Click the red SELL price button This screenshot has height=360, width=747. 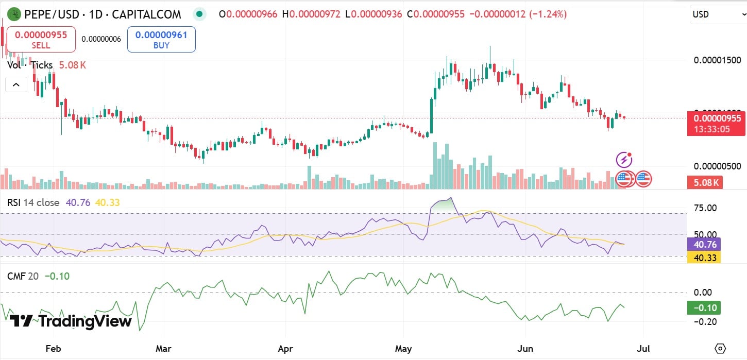click(41, 40)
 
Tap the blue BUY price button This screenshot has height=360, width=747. click(161, 40)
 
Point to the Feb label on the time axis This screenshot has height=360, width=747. click(53, 349)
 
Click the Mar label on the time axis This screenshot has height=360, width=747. click(163, 349)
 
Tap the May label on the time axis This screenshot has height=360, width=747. click(403, 349)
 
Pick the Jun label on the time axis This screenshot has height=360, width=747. click(525, 349)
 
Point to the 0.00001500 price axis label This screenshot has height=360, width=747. click(717, 60)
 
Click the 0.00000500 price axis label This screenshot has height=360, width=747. click(717, 166)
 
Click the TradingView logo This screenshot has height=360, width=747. click(71, 321)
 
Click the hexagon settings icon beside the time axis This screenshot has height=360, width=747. click(720, 348)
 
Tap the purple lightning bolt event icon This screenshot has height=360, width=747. click(624, 160)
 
